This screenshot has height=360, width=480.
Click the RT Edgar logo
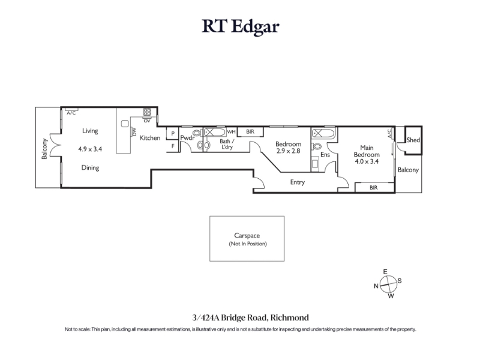[241, 26]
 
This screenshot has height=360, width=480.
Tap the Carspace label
[247, 235]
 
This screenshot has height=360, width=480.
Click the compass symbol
[388, 284]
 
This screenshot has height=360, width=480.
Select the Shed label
[413, 140]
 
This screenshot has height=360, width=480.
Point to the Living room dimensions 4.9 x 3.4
[90, 149]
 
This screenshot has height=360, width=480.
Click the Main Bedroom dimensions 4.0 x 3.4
[367, 161]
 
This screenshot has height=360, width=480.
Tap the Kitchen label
[150, 138]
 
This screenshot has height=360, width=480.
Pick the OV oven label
[147, 121]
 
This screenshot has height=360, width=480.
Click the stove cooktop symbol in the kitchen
[147, 112]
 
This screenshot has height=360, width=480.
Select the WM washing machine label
[232, 131]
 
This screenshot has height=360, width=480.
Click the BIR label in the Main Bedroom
[374, 188]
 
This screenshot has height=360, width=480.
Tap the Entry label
[298, 182]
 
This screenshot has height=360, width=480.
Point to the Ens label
[325, 155]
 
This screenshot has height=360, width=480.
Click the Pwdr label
[187, 138]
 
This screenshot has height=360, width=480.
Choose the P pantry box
[173, 133]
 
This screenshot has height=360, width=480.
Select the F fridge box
[173, 146]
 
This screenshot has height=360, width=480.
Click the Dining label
[91, 167]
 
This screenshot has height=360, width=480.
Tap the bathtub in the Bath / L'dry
[215, 132]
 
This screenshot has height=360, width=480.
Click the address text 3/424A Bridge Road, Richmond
[250, 317]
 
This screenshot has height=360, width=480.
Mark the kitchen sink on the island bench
[125, 124]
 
